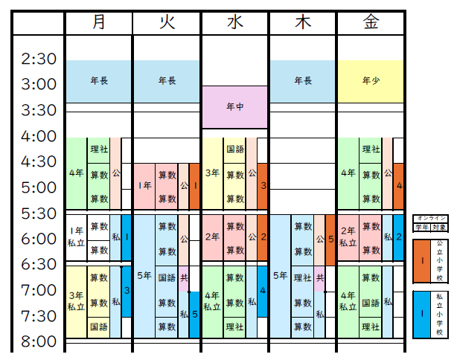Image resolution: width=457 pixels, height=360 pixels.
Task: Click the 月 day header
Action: [x=99, y=22]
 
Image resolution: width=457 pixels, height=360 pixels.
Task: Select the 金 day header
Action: [x=371, y=22]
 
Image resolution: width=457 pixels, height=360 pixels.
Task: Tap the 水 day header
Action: [x=234, y=22]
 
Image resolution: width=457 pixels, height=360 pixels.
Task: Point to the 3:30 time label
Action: [x=39, y=110]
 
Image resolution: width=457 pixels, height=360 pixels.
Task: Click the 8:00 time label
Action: [x=39, y=342]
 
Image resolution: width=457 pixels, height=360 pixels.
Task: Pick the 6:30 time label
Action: [x=39, y=265]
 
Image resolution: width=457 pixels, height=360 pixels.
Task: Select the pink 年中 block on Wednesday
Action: [x=234, y=106]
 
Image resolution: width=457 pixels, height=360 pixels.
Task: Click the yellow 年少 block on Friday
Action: [x=371, y=80]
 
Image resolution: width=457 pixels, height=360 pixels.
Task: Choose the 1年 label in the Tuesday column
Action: [x=144, y=185]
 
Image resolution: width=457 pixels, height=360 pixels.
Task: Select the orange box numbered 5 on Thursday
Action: [x=330, y=240]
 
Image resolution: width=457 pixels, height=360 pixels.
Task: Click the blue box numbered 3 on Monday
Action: [x=127, y=290]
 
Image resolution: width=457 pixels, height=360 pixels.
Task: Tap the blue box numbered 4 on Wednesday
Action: [x=263, y=290]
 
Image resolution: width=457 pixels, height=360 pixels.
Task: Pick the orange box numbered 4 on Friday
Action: [x=399, y=185]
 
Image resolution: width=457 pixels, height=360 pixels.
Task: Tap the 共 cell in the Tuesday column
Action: [x=183, y=277]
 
